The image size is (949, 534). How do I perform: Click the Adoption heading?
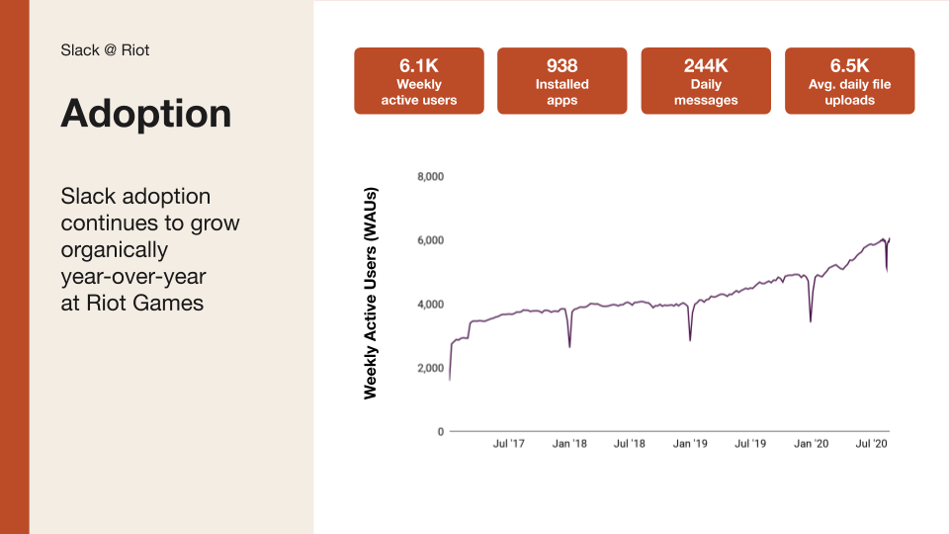pyautogui.click(x=146, y=114)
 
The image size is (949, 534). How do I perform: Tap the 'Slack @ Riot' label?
pyautogui.click(x=105, y=49)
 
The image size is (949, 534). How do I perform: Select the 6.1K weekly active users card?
pyautogui.click(x=419, y=81)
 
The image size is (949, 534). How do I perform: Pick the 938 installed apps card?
pyautogui.click(x=562, y=81)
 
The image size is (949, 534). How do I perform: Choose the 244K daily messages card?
pyautogui.click(x=706, y=81)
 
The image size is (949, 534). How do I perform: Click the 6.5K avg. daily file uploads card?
pyautogui.click(x=849, y=81)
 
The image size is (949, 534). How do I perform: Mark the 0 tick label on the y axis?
pyautogui.click(x=440, y=432)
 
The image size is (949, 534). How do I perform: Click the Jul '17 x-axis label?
pyautogui.click(x=509, y=444)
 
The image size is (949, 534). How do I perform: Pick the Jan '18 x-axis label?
pyautogui.click(x=569, y=444)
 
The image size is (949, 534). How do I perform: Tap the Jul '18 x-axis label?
pyautogui.click(x=630, y=444)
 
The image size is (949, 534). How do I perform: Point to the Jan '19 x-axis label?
pyautogui.click(x=690, y=444)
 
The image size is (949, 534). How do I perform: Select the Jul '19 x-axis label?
pyautogui.click(x=750, y=444)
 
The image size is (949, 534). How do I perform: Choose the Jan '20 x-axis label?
pyautogui.click(x=811, y=444)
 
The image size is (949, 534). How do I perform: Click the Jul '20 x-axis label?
pyautogui.click(x=871, y=444)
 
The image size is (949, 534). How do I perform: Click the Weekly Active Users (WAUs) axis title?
pyautogui.click(x=371, y=293)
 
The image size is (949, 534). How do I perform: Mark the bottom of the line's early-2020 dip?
pyautogui.click(x=811, y=320)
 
